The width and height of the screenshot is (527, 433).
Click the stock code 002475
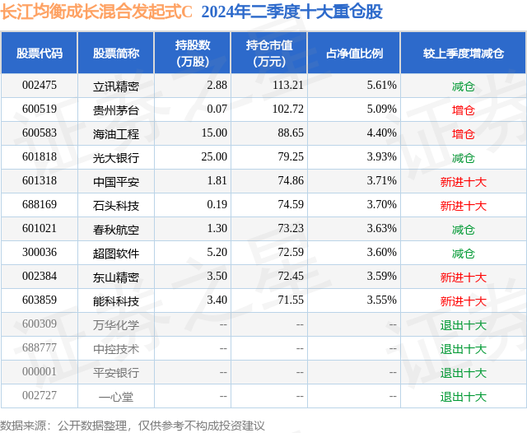click(x=39, y=86)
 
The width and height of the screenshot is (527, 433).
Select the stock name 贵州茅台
click(x=116, y=109)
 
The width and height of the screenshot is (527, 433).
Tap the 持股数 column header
click(x=193, y=54)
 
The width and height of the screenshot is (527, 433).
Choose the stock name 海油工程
click(x=116, y=133)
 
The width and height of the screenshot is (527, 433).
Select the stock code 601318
click(x=39, y=181)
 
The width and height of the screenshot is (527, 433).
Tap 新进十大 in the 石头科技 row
click(x=463, y=206)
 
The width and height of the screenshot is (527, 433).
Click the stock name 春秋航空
click(x=116, y=230)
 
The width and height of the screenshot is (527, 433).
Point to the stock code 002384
click(x=39, y=277)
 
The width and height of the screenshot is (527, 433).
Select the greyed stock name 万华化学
click(x=116, y=325)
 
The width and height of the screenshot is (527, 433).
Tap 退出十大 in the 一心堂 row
click(x=463, y=397)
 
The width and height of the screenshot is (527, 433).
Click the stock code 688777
click(x=39, y=349)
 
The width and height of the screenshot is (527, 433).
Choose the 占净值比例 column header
click(x=355, y=54)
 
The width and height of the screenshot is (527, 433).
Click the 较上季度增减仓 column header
click(x=464, y=54)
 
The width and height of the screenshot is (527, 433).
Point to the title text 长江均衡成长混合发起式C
click(x=96, y=12)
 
